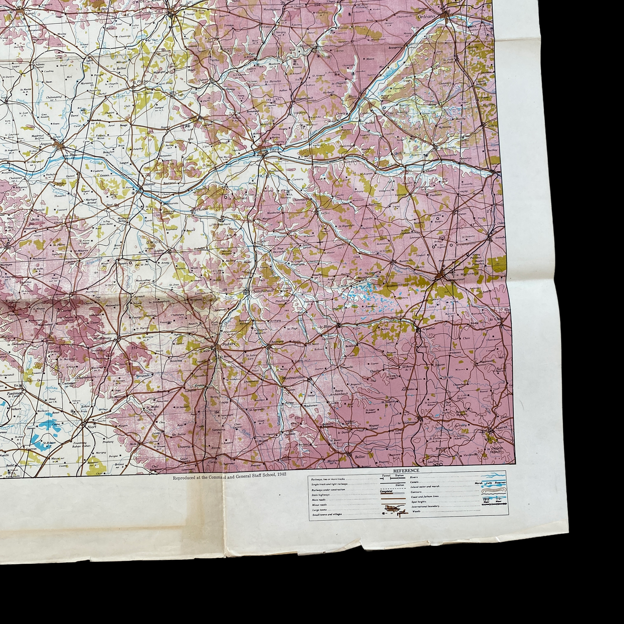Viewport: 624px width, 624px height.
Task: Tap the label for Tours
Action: point(274,150)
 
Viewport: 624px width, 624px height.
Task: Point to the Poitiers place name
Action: point(229,344)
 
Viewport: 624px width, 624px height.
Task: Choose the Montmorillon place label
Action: point(294,378)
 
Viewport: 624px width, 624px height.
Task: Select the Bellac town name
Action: point(360,456)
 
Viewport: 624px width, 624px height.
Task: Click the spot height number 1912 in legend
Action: point(486,499)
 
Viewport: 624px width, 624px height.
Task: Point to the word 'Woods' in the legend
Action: point(417,511)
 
